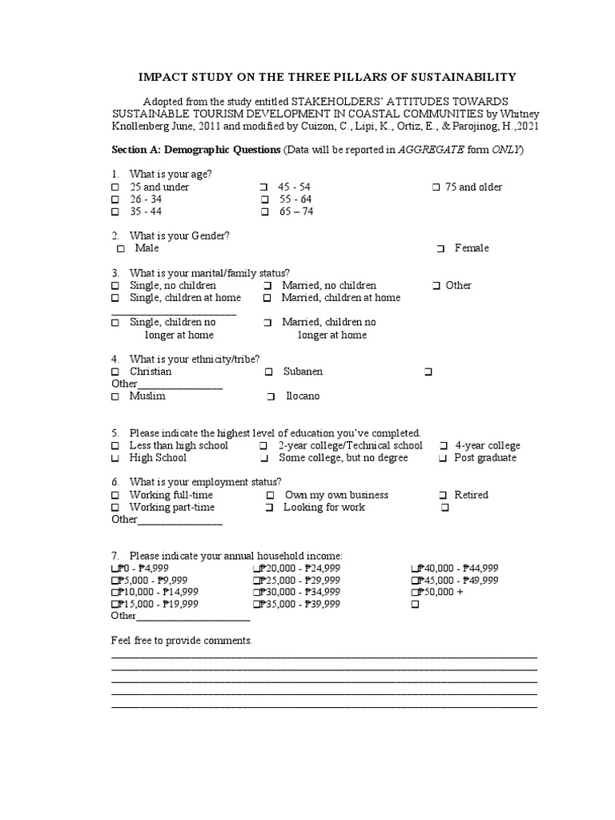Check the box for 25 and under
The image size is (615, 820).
[x=115, y=187]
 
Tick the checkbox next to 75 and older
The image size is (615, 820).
[x=436, y=187]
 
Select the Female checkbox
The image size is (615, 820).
[x=440, y=249]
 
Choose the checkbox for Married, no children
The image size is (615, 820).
[x=267, y=286]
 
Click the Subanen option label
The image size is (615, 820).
[x=303, y=372]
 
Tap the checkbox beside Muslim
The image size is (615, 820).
[x=115, y=396]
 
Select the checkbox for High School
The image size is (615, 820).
[x=115, y=459]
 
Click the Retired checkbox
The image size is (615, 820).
[x=444, y=496]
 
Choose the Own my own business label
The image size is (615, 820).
[x=336, y=495]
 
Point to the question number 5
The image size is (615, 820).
[x=115, y=432]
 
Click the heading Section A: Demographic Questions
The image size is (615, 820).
[x=195, y=150]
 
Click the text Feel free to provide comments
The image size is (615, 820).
[x=181, y=641]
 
